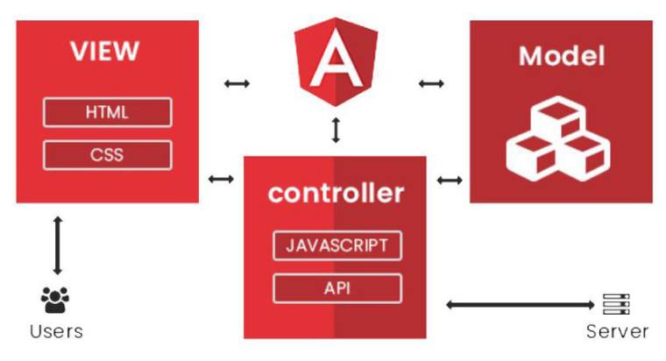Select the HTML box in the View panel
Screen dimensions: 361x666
pos(107,113)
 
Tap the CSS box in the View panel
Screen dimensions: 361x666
pos(107,156)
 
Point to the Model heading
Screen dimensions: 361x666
pos(562,57)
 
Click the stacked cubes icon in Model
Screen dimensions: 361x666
pos(556,136)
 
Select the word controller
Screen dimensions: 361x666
pos(336,193)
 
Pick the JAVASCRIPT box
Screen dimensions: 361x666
pos(337,245)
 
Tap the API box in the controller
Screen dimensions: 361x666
pos(337,287)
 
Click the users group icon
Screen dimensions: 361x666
pos(55,301)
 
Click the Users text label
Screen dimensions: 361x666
pos(56,331)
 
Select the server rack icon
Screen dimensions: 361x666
pos(616,304)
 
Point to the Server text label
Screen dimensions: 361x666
pos(617,331)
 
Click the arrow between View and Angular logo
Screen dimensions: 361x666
pos(237,84)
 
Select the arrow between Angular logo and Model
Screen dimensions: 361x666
pos(430,84)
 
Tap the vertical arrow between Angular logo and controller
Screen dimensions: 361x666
pos(336,130)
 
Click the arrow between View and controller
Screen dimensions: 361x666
pos(222,180)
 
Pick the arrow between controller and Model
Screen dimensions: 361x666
pos(449,180)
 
